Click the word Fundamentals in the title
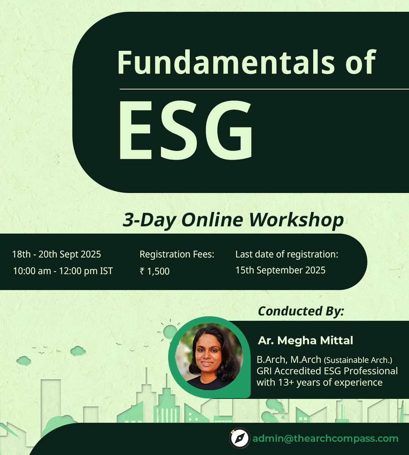tap(226, 62)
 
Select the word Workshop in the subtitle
tap(297, 220)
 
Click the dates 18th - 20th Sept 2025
tap(56, 254)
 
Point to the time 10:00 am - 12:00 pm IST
tap(63, 271)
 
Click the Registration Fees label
tap(177, 254)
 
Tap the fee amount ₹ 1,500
tap(155, 271)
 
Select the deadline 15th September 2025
tap(280, 270)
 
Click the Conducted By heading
tap(301, 311)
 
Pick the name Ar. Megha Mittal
tap(306, 340)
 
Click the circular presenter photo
tap(209, 356)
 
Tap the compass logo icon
tap(240, 438)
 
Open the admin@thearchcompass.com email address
tap(325, 439)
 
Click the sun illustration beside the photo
tap(170, 332)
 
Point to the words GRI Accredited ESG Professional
tap(327, 371)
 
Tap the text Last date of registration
tap(287, 254)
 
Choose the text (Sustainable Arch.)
tap(358, 360)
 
